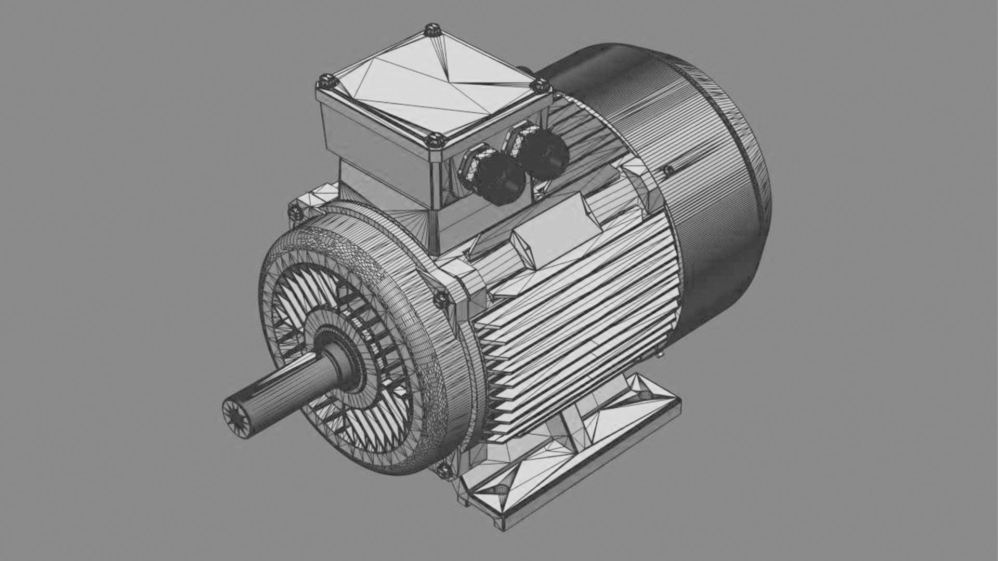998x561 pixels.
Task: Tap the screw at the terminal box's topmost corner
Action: click(x=431, y=30)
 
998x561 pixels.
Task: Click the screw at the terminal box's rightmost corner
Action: click(x=541, y=85)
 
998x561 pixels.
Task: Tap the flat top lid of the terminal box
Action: click(x=431, y=86)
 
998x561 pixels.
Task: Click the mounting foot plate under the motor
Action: click(x=572, y=457)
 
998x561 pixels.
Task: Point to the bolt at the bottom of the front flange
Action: click(x=443, y=470)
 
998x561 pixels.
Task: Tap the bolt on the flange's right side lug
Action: click(x=441, y=299)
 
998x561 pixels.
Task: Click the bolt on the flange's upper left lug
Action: click(x=295, y=212)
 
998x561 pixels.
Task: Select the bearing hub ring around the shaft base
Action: click(x=343, y=358)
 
